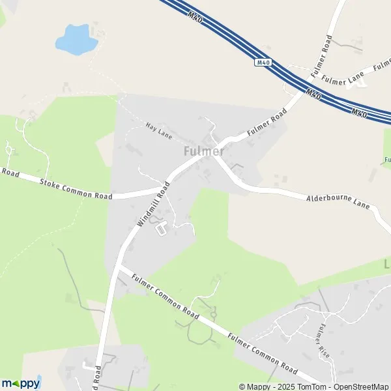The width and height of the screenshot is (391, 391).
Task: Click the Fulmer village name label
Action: (x=203, y=151)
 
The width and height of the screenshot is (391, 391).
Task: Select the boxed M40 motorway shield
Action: (x=263, y=63)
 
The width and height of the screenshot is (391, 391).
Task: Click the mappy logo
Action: (x=21, y=384)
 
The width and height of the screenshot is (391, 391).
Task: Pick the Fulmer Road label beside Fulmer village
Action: (x=267, y=125)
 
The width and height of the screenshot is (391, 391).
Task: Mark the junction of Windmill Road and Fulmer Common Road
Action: (x=120, y=267)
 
